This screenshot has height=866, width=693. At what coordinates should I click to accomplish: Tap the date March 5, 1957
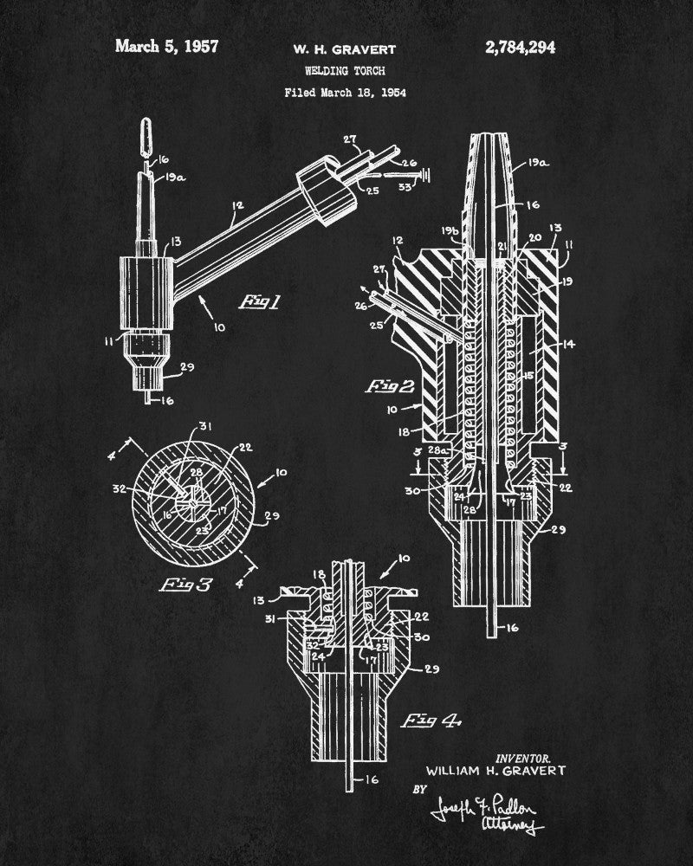166,47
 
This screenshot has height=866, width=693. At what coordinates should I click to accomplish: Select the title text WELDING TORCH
345,71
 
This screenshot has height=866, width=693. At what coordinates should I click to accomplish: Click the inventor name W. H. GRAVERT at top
345,50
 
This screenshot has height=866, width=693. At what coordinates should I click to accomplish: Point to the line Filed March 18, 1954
345,92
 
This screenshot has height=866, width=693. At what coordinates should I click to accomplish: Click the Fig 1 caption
260,301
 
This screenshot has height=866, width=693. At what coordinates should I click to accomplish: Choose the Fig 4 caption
431,721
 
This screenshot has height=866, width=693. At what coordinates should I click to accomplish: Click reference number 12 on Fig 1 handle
236,207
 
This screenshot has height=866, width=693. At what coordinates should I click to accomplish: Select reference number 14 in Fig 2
567,345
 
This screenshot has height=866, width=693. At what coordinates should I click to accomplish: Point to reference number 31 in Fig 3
205,424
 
